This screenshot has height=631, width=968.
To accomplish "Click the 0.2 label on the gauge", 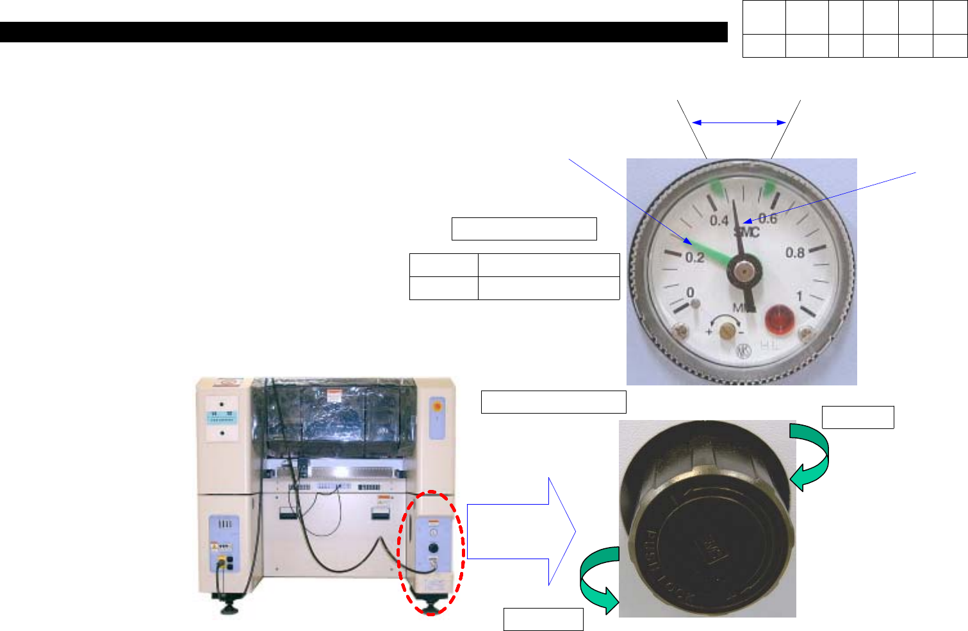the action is (x=694, y=258).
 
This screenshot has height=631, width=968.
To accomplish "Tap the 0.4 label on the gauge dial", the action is (x=719, y=221).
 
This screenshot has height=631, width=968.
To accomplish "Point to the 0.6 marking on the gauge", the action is (x=768, y=219).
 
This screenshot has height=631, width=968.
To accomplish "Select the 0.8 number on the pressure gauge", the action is (x=795, y=253).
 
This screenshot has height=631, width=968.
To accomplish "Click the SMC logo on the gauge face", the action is (x=746, y=231).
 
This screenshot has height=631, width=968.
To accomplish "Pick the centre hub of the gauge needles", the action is (x=743, y=271).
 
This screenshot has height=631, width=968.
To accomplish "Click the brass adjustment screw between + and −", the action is (x=726, y=331).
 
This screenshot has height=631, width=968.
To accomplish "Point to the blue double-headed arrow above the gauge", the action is (x=739, y=122).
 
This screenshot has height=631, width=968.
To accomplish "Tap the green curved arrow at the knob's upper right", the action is (x=810, y=456).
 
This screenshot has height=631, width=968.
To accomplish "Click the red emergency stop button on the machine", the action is (x=438, y=406).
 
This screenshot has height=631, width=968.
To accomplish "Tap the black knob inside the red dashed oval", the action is (x=433, y=548).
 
